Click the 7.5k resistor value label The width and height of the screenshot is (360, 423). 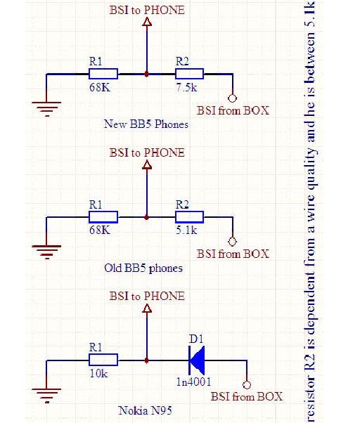coord(186,87)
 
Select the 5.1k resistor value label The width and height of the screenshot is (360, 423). coord(186,230)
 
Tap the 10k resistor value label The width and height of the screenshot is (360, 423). coord(98,373)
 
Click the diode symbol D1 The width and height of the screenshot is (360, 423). coord(196,360)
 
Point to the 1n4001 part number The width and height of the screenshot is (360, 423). coord(193,382)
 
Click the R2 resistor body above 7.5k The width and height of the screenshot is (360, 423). coord(189,74)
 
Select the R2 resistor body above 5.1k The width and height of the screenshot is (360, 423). coord(189,217)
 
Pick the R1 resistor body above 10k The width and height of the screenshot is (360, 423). coord(103,360)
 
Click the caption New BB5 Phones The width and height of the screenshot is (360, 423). coord(146,124)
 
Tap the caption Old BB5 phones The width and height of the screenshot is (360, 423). coord(143,268)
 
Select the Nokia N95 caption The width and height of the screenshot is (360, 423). coord(145,410)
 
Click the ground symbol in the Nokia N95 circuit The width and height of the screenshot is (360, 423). coord(46,395)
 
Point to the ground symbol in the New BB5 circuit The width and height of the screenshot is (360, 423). coord(46,109)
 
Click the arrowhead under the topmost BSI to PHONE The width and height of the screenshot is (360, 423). coord(147,22)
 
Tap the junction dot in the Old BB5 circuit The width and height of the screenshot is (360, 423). coord(146,217)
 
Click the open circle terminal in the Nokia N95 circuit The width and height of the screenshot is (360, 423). coord(247,384)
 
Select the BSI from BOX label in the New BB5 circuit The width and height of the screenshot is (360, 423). coord(233,110)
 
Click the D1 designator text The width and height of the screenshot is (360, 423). coord(196,339)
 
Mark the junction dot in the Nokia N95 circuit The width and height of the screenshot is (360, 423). coord(146,360)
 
